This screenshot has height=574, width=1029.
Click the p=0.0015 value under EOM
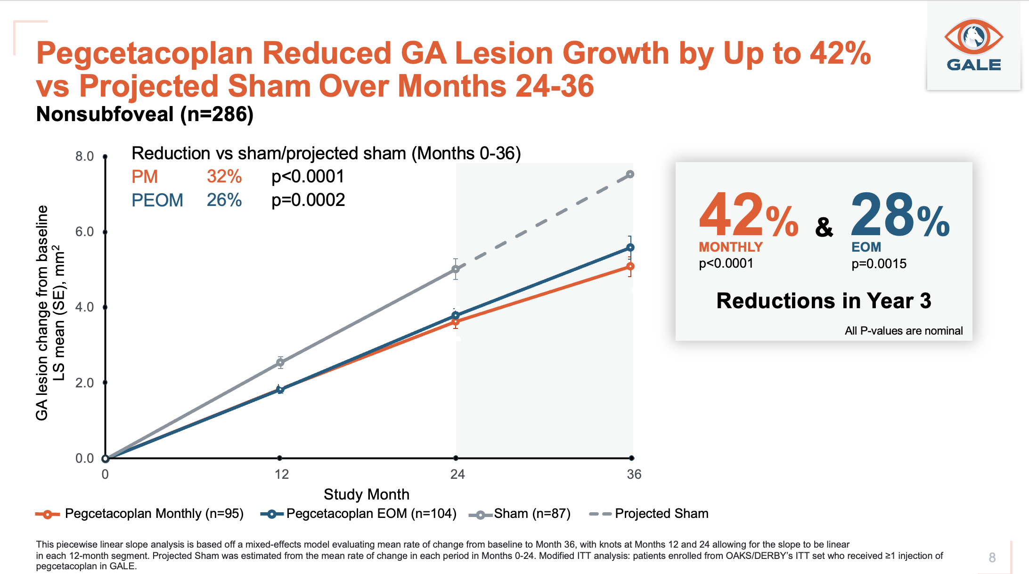879,263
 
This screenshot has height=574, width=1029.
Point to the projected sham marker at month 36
630,174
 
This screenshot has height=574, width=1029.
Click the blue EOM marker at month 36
630,247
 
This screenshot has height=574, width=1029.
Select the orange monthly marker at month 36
630,266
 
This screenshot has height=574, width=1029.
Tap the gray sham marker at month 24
456,269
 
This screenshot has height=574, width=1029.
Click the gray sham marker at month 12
280,362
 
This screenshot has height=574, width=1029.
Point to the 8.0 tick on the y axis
85,156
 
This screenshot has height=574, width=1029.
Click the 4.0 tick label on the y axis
85,307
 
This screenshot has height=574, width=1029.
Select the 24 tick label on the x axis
457,474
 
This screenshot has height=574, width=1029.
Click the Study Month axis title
366,494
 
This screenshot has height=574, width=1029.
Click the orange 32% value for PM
224,177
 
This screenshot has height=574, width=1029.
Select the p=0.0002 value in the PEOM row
308,200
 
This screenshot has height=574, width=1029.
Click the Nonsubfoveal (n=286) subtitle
145,114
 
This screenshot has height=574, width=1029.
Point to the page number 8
992,558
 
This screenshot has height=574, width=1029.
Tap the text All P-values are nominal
903,331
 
